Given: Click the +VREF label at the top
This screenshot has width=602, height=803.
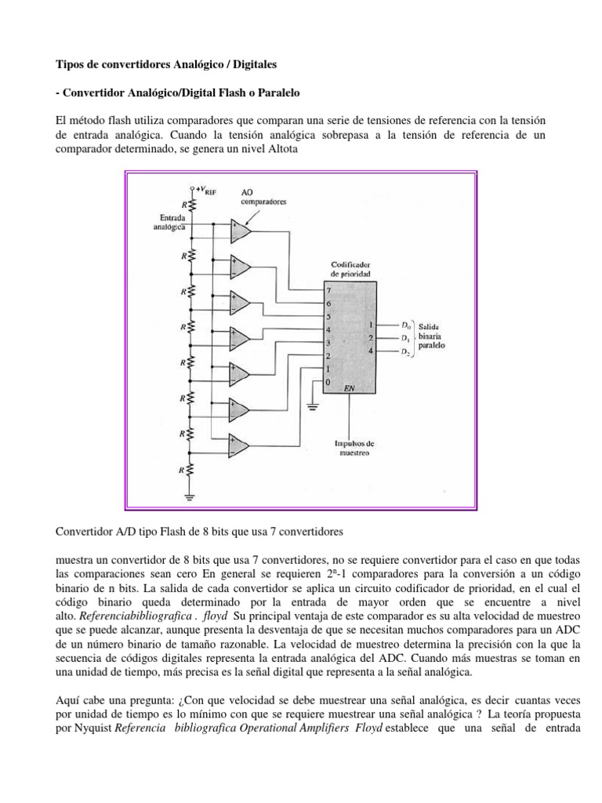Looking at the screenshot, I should tap(205, 191).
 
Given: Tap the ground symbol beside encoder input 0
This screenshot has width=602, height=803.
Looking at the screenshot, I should tap(312, 406).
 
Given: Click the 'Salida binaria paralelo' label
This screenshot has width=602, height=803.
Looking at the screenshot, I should tap(434, 338).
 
